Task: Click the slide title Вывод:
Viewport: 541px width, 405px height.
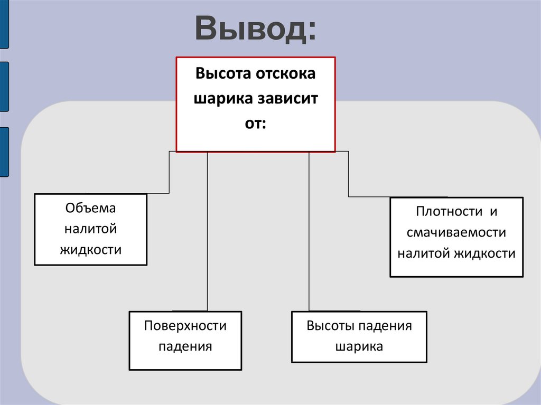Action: (x=256, y=30)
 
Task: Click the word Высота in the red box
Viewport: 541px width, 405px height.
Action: (x=223, y=73)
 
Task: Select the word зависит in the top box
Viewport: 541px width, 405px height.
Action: (x=288, y=99)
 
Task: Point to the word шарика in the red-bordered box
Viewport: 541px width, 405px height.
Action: (x=223, y=99)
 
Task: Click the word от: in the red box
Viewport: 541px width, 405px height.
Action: (x=255, y=124)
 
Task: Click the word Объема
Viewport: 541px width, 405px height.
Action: (x=90, y=209)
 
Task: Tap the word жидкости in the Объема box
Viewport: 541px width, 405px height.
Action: (x=90, y=249)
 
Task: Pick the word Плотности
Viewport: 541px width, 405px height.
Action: (x=449, y=212)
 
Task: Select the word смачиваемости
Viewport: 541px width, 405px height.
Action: (x=456, y=232)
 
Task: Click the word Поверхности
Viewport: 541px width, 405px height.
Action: (x=185, y=326)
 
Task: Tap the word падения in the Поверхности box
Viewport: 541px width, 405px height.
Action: (x=185, y=346)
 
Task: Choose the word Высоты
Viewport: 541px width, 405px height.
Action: (x=330, y=325)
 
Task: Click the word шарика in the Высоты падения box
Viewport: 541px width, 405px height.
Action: (x=359, y=346)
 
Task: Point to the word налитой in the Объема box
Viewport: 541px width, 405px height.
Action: (x=90, y=229)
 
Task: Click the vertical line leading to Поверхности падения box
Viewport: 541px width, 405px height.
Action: (x=207, y=232)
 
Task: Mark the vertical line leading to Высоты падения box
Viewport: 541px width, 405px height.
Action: (x=309, y=232)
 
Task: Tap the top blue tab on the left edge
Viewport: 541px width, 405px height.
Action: (x=4, y=24)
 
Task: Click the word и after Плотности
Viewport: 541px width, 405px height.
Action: (x=493, y=212)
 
